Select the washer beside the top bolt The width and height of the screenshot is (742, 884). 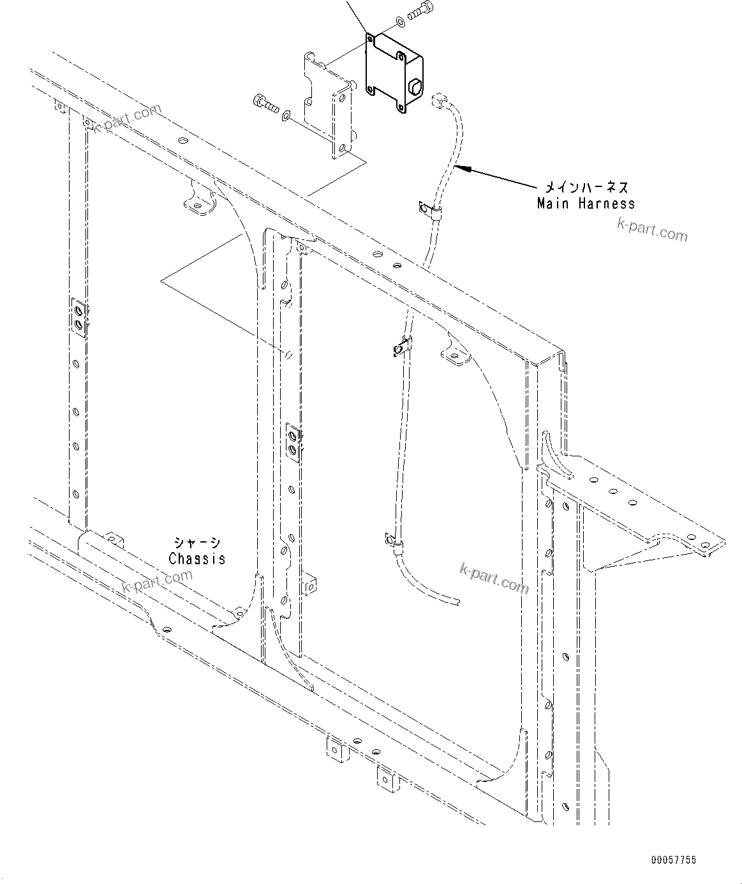point(399,22)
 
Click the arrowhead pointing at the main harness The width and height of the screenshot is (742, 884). point(465,169)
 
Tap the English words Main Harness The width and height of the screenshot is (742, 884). point(586,204)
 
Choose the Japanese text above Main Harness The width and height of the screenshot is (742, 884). point(586,188)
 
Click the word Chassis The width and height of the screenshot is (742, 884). point(197,558)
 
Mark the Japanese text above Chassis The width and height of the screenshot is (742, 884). point(197,543)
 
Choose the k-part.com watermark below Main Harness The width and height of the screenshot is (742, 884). point(652,230)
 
